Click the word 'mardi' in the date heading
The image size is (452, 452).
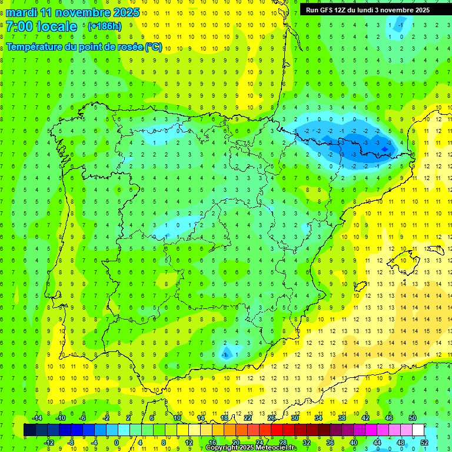tap(22, 12)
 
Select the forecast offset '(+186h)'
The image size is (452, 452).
tap(104, 26)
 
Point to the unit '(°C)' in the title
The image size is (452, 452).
tap(153, 46)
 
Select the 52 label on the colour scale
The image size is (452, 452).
tap(425, 443)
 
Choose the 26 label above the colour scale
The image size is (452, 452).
tap(271, 418)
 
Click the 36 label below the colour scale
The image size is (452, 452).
tap(330, 443)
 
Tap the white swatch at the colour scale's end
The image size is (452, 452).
tap(418, 430)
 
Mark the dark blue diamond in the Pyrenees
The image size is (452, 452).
tap(384, 149)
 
